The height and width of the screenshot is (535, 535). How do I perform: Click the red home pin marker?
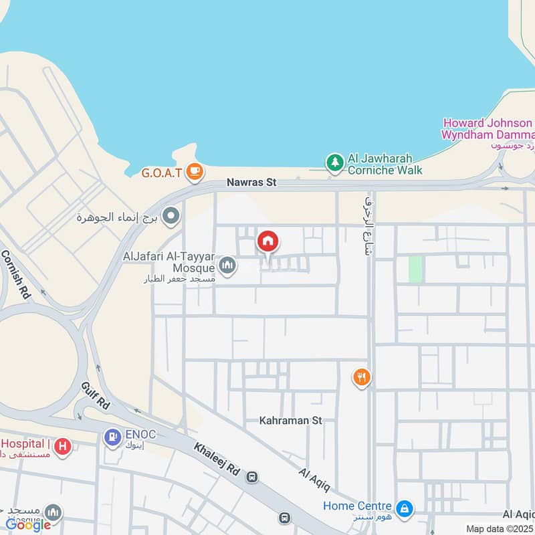point(267,241)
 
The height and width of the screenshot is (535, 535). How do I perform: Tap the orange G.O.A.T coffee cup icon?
point(195,172)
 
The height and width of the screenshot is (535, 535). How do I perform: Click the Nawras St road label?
point(251,182)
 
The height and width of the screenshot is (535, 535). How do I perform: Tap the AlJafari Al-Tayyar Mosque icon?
point(228,266)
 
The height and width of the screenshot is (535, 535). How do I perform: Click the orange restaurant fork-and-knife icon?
point(362,378)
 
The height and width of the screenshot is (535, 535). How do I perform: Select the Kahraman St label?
point(291,421)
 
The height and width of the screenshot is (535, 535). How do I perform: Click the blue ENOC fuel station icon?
point(112,437)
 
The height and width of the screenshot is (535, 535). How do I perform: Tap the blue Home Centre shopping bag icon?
point(404,509)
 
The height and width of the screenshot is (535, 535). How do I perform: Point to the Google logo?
point(28,525)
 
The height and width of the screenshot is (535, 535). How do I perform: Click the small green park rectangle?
point(415,269)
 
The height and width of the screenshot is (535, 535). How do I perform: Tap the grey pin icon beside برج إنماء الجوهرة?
point(172,216)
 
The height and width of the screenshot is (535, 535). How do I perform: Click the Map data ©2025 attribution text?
point(500,528)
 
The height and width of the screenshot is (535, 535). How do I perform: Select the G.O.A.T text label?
point(161,173)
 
